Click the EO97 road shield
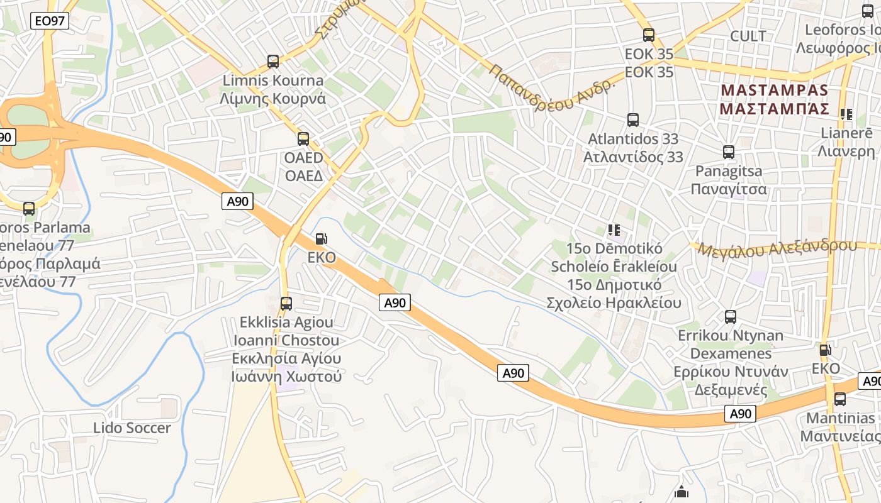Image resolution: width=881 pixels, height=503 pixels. (49, 21)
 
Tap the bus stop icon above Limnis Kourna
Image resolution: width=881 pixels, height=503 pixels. (273, 62)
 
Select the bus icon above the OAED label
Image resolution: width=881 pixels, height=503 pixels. (303, 139)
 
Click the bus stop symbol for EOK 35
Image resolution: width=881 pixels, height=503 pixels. (649, 35)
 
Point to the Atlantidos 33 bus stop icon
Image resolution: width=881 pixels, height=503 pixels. (633, 119)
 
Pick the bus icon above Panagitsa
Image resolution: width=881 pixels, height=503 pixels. (729, 152)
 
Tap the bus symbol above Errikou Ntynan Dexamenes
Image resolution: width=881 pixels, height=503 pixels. (731, 317)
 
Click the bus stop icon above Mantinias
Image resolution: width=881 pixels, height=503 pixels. (840, 399)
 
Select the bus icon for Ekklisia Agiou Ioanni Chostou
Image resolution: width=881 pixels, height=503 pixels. (286, 304)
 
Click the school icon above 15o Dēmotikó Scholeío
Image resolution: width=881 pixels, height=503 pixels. (614, 230)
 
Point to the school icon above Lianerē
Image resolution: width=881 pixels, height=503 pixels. (846, 114)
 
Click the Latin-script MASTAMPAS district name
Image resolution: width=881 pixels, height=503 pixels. (775, 90)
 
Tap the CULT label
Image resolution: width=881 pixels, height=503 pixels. (748, 36)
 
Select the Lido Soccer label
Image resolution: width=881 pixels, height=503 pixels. (132, 428)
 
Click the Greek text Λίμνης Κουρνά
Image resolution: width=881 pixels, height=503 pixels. (272, 99)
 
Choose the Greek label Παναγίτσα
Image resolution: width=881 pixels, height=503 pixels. (729, 189)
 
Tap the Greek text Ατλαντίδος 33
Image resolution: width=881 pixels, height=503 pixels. (633, 157)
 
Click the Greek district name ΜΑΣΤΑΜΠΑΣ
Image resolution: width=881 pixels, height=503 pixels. (775, 109)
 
